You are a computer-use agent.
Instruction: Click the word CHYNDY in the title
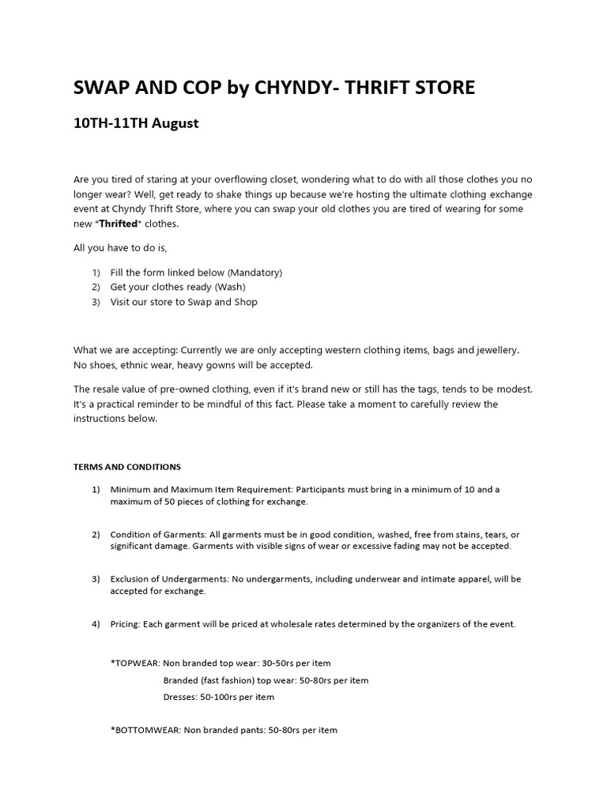pyautogui.click(x=296, y=88)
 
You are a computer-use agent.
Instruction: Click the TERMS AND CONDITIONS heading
pyautogui.click(x=127, y=467)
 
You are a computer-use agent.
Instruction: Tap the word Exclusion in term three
pyautogui.click(x=132, y=579)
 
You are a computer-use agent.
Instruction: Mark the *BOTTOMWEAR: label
pyautogui.click(x=145, y=730)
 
